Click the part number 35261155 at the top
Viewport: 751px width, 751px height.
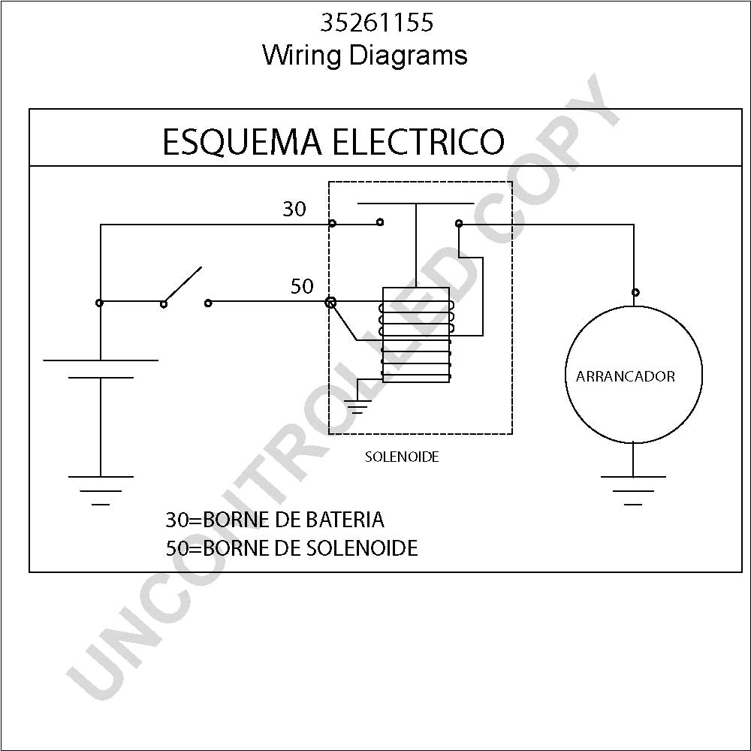(376, 23)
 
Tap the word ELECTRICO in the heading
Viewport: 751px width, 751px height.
(418, 142)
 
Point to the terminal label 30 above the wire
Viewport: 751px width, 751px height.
(294, 209)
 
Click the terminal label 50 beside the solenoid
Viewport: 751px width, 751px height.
(302, 286)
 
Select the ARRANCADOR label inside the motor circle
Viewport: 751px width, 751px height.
(625, 376)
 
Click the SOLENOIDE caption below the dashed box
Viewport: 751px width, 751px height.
(402, 457)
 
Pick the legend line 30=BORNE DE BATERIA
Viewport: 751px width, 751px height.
(275, 520)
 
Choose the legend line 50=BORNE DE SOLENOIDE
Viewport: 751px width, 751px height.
(291, 548)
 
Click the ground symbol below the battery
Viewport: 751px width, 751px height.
(101, 490)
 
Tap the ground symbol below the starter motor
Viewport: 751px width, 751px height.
(633, 490)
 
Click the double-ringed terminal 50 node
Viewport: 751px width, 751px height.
(330, 302)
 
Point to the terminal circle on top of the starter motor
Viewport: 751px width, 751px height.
(635, 292)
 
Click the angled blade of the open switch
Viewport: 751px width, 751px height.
(182, 285)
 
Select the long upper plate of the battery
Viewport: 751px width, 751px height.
(101, 360)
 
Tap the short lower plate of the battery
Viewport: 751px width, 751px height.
(101, 378)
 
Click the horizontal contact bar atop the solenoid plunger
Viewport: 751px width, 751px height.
(416, 204)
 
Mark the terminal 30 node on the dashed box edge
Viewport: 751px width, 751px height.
(333, 223)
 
